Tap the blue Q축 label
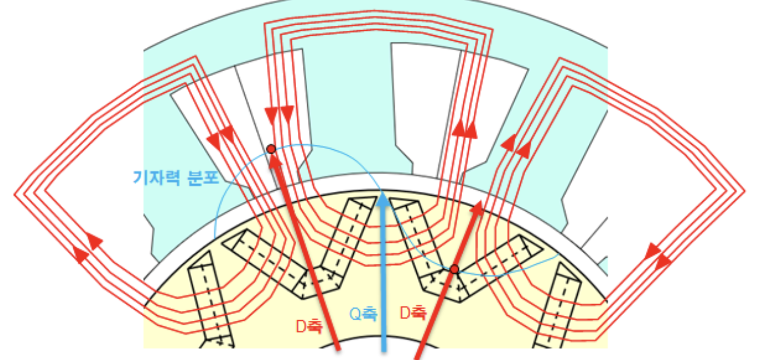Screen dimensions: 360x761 pyautogui.click(x=363, y=314)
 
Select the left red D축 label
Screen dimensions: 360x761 pyautogui.click(x=309, y=326)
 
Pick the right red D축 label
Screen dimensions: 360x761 pyautogui.click(x=414, y=314)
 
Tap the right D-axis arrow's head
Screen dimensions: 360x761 pyautogui.click(x=478, y=206)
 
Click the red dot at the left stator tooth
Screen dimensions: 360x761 pyautogui.click(x=271, y=149)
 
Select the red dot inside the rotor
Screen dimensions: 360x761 pyautogui.click(x=454, y=269)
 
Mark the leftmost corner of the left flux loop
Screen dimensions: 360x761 pyautogui.click(x=16, y=194)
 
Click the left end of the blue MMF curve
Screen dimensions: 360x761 pyautogui.click(x=215, y=238)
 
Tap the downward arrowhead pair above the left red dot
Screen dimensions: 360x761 pyautogui.click(x=279, y=115)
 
